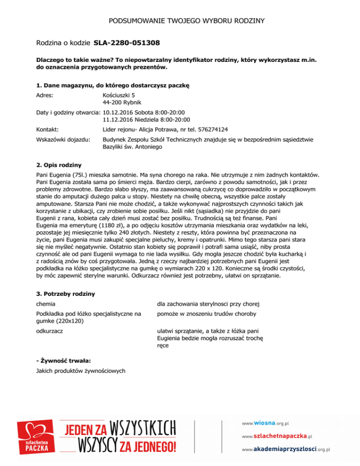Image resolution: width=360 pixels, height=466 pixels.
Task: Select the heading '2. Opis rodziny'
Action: [59, 165]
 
